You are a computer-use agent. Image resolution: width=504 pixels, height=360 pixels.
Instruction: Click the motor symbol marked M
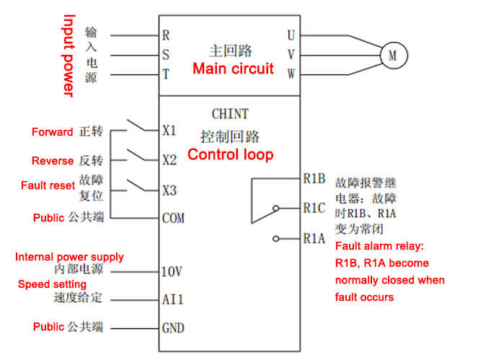click(x=393, y=54)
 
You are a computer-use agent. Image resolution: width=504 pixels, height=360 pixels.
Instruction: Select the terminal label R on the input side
click(x=166, y=34)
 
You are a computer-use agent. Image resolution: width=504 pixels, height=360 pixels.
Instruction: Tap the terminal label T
click(x=166, y=74)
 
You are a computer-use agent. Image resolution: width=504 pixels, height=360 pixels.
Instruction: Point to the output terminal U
click(x=291, y=34)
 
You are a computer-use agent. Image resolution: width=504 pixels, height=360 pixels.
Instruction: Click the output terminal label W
click(x=291, y=74)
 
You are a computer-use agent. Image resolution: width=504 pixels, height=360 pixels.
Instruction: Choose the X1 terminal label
click(x=169, y=131)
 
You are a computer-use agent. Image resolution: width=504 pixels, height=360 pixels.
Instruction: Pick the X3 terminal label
click(x=169, y=190)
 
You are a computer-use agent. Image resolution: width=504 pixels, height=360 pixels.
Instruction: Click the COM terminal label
click(x=173, y=217)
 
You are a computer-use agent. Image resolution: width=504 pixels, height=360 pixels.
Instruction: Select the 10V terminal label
click(x=172, y=271)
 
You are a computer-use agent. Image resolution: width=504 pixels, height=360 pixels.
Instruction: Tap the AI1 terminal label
click(x=172, y=299)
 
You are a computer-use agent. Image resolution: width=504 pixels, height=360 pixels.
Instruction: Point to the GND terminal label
click(x=173, y=328)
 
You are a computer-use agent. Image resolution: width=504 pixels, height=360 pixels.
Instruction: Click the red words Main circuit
click(x=233, y=69)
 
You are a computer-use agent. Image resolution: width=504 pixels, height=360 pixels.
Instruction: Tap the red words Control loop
click(x=230, y=154)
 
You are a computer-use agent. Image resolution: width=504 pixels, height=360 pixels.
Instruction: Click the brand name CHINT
click(x=230, y=114)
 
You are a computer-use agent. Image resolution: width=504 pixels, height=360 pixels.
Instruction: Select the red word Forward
click(x=52, y=132)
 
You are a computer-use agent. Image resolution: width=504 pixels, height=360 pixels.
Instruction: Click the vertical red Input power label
click(x=68, y=55)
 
